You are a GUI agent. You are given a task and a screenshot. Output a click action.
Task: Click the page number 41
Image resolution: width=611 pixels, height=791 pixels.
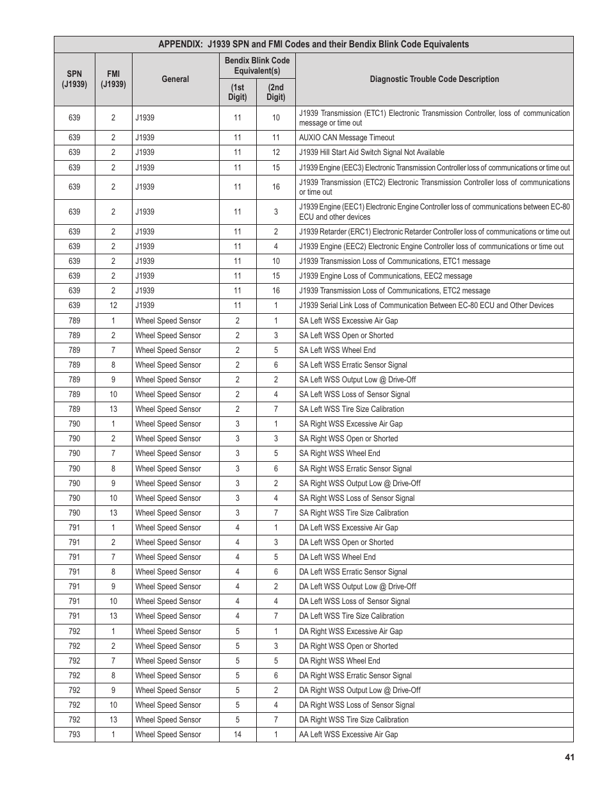(x=569, y=757)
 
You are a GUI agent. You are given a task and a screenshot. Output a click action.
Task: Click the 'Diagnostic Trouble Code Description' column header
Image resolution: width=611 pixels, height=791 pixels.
(x=434, y=79)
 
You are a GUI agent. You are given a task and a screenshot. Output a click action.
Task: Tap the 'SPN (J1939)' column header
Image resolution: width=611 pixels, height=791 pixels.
(x=74, y=79)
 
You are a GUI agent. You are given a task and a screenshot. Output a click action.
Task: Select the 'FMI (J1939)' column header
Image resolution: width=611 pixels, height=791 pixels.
(x=113, y=79)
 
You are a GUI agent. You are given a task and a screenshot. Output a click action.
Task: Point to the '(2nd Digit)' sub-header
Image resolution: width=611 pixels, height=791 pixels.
(x=276, y=92)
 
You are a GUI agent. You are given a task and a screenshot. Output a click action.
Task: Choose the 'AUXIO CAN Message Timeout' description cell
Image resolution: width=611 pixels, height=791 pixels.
(x=346, y=138)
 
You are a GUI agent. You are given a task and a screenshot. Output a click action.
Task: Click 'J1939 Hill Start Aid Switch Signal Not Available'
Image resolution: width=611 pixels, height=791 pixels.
(x=371, y=152)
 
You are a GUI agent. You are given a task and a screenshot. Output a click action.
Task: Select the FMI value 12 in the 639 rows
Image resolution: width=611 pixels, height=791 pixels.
(x=113, y=306)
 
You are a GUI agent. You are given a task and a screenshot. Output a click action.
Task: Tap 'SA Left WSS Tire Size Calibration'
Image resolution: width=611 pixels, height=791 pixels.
(x=352, y=409)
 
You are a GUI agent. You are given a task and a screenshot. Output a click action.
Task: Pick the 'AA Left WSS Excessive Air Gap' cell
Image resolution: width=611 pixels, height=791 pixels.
(x=348, y=735)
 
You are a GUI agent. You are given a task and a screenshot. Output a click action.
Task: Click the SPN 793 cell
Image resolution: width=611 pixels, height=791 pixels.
(x=74, y=735)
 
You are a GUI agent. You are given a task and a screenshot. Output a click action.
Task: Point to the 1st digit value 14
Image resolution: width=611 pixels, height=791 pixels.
(x=238, y=735)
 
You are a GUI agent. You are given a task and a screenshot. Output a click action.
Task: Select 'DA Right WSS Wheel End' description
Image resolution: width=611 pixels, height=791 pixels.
(x=339, y=661)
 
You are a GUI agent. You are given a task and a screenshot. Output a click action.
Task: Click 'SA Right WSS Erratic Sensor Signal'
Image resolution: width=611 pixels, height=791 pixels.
(x=355, y=469)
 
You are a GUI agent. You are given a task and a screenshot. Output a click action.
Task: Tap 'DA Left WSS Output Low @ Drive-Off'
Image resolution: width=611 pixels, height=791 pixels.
(x=357, y=587)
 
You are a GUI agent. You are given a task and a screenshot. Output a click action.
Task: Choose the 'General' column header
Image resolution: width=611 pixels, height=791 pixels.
(x=175, y=79)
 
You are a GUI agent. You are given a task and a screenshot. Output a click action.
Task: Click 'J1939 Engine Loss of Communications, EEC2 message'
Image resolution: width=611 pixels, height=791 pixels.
(x=386, y=276)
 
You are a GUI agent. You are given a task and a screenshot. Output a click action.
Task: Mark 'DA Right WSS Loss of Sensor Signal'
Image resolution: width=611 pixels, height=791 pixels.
(x=357, y=705)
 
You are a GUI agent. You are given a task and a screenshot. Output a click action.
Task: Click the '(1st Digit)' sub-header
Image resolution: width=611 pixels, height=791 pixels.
(x=238, y=92)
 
